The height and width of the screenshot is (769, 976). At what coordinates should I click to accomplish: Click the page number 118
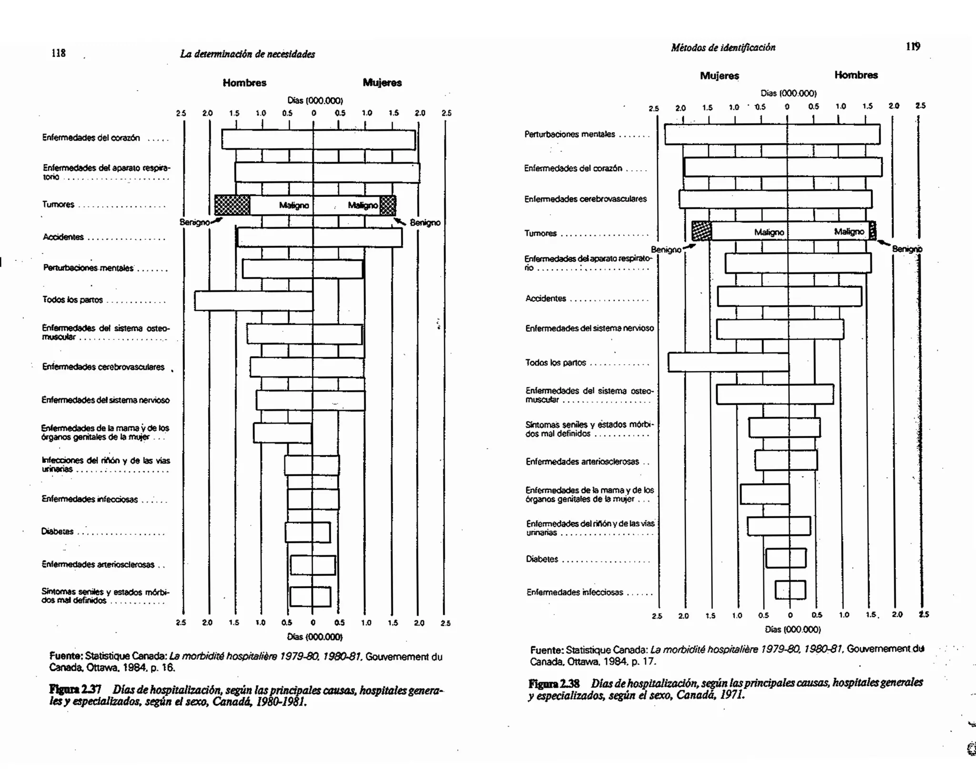58,53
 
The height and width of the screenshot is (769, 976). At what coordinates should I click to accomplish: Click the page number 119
913,46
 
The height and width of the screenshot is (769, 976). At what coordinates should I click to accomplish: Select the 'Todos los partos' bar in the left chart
254,301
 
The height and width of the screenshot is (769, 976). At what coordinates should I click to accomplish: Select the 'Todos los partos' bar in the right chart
728,362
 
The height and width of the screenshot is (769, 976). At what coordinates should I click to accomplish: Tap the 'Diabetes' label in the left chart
57,532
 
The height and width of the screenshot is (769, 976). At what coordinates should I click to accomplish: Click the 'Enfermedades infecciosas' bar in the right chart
790,590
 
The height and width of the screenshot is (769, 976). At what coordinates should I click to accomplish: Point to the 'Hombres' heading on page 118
244,83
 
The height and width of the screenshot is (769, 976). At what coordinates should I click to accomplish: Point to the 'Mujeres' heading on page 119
719,76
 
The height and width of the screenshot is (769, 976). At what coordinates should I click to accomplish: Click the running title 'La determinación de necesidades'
247,54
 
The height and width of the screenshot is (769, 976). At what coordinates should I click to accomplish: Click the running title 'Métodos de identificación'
723,47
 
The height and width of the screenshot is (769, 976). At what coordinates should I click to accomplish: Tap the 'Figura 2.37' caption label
75,690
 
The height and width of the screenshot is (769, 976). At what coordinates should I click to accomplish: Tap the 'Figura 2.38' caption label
554,684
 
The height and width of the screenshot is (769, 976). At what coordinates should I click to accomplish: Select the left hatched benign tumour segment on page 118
232,205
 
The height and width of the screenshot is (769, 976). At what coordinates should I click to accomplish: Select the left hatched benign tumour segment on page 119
701,231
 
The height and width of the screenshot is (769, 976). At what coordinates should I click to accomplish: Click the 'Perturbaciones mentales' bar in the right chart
772,134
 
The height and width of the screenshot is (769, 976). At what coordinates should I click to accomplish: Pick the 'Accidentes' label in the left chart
63,237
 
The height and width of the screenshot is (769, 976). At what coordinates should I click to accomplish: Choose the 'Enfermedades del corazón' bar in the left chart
318,139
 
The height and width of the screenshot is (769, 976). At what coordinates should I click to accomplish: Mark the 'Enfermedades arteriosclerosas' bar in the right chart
786,461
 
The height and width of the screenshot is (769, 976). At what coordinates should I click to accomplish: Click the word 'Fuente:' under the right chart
547,650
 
